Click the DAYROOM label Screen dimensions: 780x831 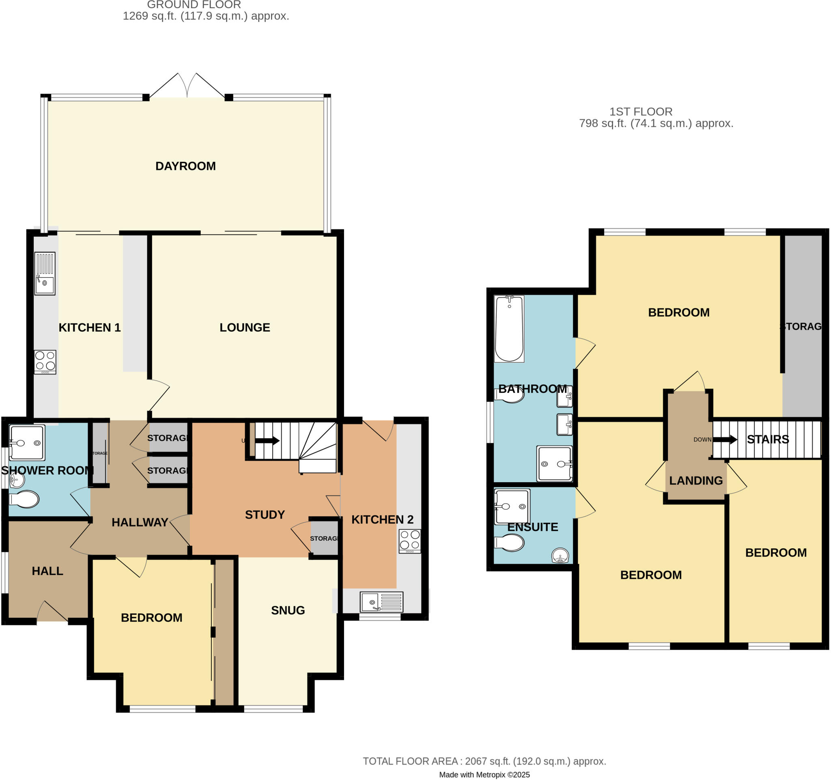point(185,166)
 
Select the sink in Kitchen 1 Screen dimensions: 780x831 point(45,274)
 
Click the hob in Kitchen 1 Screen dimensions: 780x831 point(45,362)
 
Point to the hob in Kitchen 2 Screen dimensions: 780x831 point(409,541)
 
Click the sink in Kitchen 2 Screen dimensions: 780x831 point(381,602)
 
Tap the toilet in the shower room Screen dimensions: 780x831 point(24,499)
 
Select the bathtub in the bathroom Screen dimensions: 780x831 point(509,329)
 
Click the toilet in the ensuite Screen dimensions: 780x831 point(509,543)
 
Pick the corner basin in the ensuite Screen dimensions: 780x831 point(560,556)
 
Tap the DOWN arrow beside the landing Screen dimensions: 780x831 point(725,440)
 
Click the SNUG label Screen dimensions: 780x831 point(288,610)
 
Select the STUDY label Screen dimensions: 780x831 point(265,515)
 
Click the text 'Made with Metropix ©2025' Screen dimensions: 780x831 point(484,775)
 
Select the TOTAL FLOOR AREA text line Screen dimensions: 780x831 point(484,761)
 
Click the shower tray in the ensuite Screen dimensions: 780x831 point(512,506)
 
